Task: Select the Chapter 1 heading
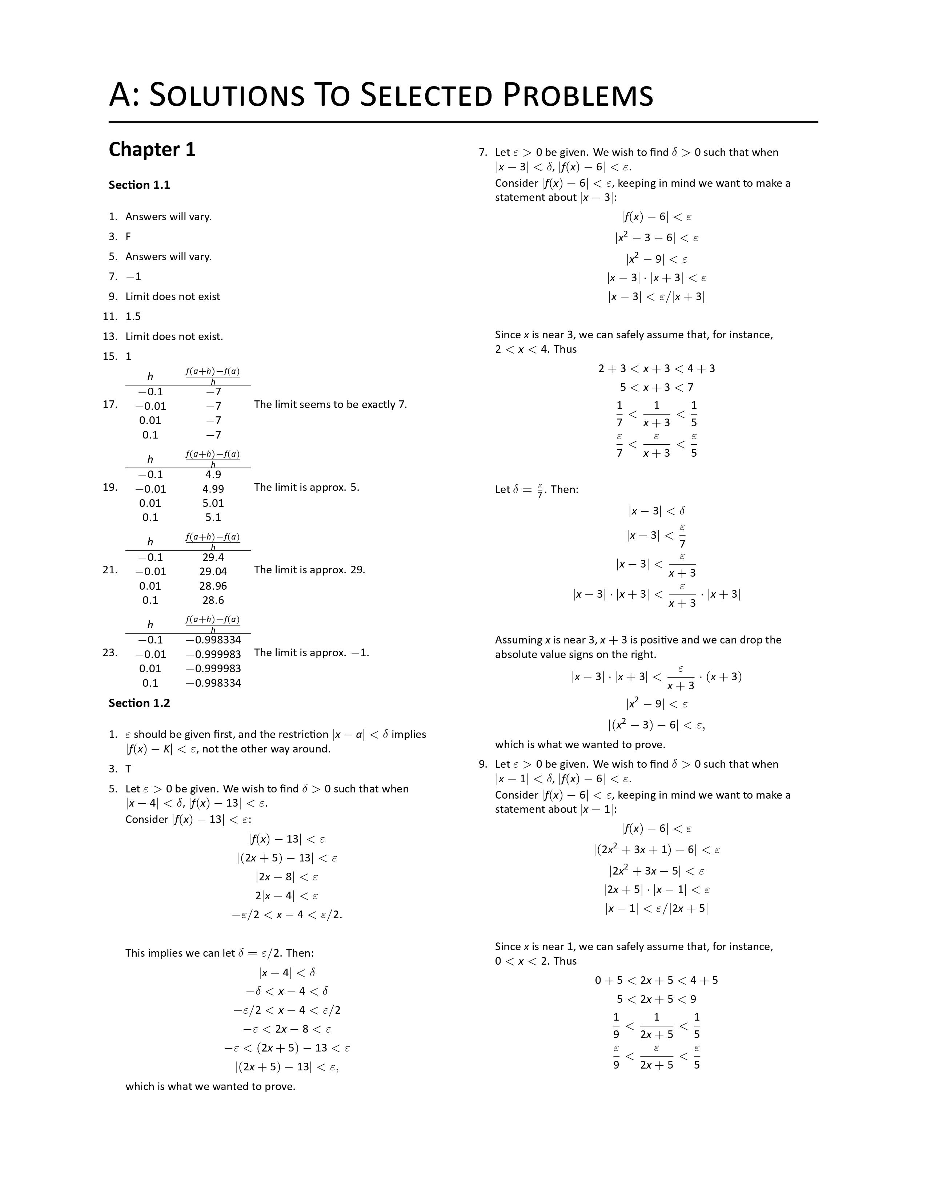pos(152,149)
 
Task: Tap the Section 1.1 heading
pos(139,185)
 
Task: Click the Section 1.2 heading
pos(139,703)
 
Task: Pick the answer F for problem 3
pos(128,237)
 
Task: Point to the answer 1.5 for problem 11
pos(133,316)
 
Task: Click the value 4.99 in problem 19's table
pos(213,489)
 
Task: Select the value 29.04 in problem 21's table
pos(213,572)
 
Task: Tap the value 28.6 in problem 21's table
pos(213,600)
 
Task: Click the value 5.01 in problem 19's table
pos(213,503)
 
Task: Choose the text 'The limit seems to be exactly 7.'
pos(330,405)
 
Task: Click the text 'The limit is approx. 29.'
pos(310,570)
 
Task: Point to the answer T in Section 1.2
pos(128,768)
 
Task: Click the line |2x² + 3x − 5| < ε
pos(656,871)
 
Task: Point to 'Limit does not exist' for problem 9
pos(172,296)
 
